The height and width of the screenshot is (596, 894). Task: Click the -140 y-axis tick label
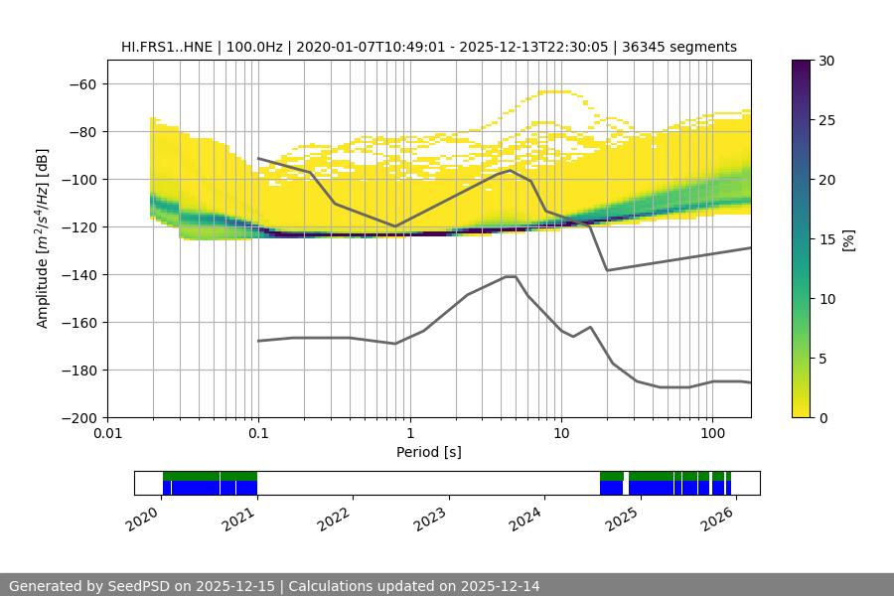coord(78,274)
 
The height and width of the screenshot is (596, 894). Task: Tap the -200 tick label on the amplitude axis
coord(78,417)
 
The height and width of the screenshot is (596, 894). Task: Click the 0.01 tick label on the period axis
coord(107,434)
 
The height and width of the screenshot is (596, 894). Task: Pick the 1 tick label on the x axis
coord(409,434)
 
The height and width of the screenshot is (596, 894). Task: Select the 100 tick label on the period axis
coord(711,434)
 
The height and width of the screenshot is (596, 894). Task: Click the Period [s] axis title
coord(429,452)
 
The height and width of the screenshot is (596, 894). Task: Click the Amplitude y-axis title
coord(43,238)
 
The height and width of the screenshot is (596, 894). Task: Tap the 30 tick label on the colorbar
coord(826,61)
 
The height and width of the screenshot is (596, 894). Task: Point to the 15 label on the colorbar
coord(826,238)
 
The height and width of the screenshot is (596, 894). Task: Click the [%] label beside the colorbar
coord(850,238)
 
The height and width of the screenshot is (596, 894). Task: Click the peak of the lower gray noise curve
coord(511,276)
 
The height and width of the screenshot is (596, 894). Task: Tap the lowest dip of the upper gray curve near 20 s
coord(607,270)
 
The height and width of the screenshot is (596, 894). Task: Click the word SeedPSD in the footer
coord(137,586)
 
